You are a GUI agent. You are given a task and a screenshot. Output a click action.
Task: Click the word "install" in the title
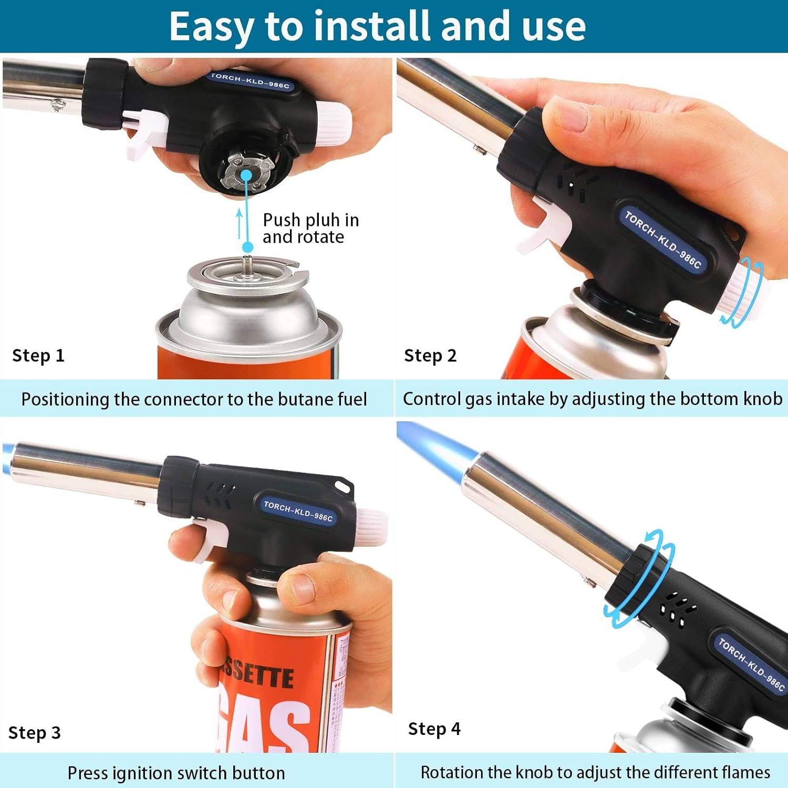coord(375,26)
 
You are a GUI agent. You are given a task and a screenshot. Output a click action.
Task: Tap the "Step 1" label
coord(38,356)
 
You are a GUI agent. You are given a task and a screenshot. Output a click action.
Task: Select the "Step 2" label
coord(430,356)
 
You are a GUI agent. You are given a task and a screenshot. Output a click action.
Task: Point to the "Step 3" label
coord(35,732)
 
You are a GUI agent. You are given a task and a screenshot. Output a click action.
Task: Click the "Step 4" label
coord(434,729)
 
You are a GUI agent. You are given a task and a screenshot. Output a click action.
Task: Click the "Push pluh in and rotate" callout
coord(310,229)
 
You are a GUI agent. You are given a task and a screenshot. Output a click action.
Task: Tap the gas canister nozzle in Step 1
coord(247,261)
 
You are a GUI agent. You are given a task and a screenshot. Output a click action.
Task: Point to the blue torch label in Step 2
coord(662,239)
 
